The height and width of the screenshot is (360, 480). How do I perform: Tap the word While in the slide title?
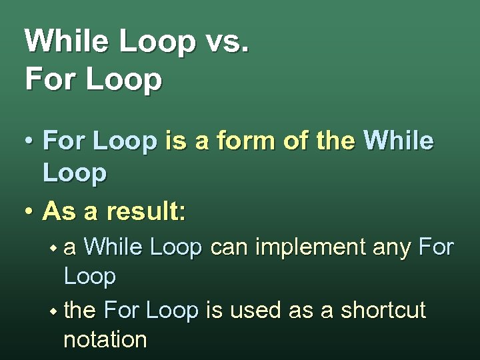[66, 41]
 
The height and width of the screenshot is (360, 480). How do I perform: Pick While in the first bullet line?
[399, 141]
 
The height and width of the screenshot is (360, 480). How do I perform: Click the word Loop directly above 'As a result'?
[74, 173]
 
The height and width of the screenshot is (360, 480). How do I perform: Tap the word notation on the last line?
[105, 339]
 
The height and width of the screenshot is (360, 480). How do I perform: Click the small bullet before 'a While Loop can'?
[53, 249]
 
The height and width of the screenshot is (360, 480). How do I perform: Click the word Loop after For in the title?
[123, 79]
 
